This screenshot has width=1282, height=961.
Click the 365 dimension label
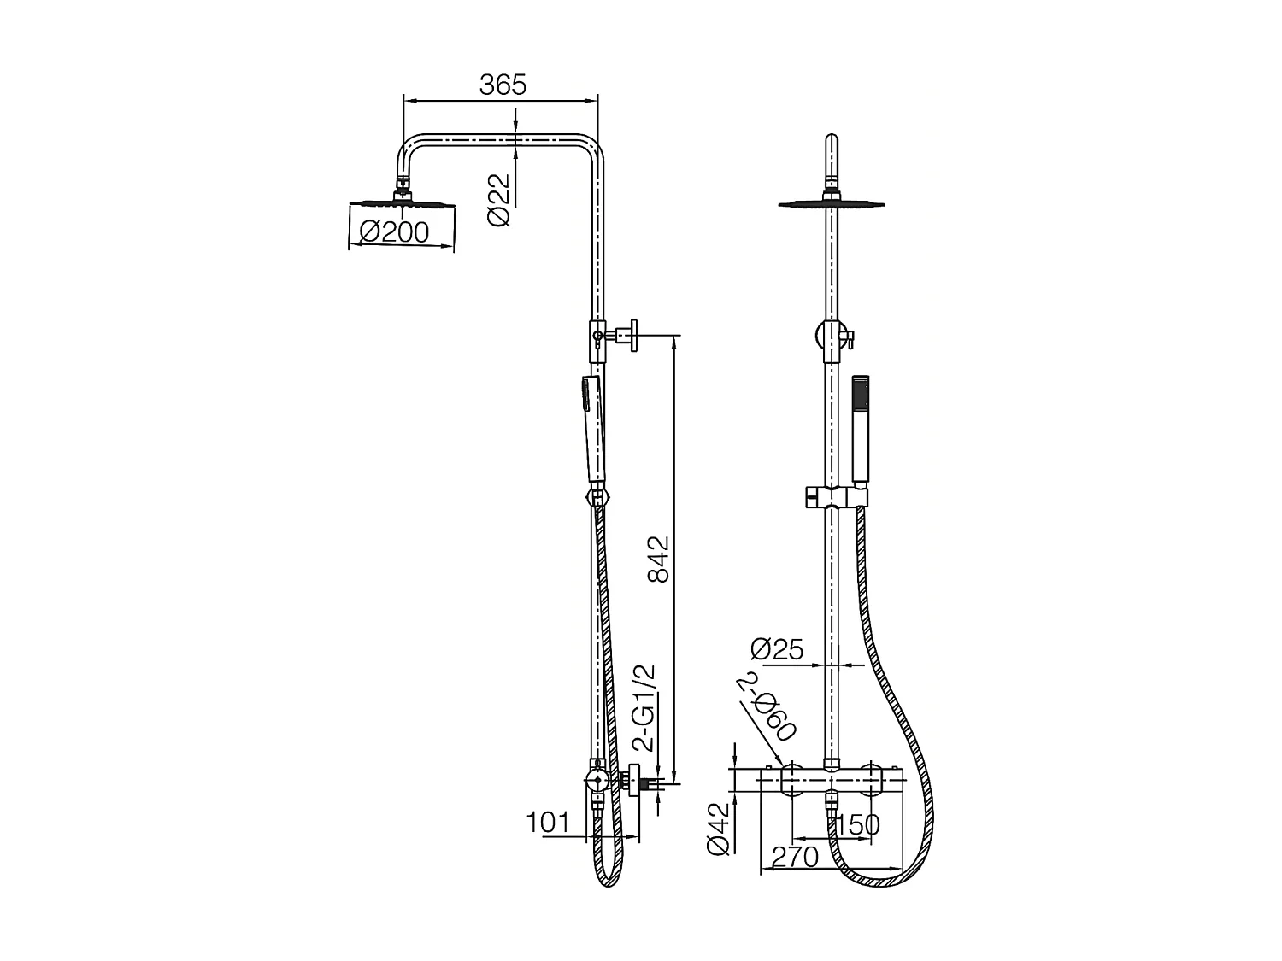(x=503, y=85)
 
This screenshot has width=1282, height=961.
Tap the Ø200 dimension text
(x=394, y=231)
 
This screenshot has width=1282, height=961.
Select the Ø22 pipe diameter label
(x=499, y=200)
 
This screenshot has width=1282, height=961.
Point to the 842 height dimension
(x=658, y=560)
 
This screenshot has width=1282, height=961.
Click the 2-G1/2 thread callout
(x=648, y=708)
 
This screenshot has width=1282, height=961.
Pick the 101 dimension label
(x=547, y=823)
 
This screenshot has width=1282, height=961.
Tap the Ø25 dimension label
(x=777, y=650)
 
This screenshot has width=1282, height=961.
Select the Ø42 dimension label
(x=719, y=828)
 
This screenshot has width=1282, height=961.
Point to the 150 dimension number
(x=857, y=825)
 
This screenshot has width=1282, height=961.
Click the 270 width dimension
(x=795, y=856)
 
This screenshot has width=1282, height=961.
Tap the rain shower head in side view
(x=402, y=202)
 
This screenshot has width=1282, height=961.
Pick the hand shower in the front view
(x=861, y=427)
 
